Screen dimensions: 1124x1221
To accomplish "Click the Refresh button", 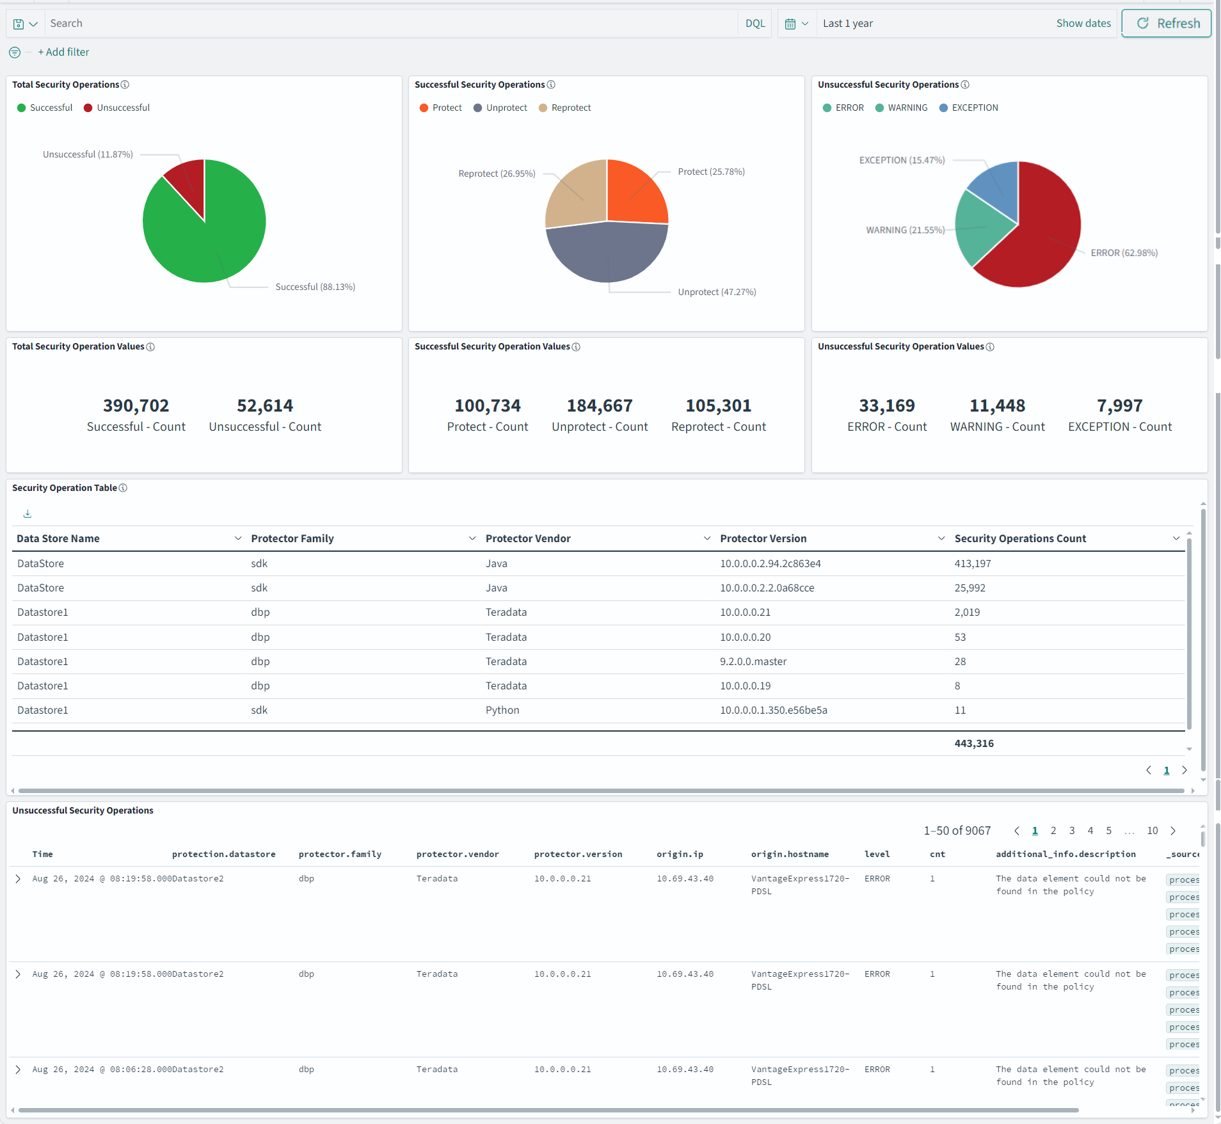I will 1167,24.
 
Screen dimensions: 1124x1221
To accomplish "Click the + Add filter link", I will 63,52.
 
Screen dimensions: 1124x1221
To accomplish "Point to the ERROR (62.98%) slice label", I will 1124,253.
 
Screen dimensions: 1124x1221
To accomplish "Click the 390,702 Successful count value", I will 136,406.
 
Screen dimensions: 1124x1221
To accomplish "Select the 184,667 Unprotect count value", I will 600,406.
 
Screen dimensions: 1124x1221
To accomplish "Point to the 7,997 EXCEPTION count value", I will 1119,406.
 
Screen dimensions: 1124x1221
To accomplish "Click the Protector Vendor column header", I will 528,539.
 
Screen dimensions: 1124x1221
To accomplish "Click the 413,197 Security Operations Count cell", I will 972,564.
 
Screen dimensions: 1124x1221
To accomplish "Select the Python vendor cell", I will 502,711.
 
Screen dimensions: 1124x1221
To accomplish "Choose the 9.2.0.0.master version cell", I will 753,662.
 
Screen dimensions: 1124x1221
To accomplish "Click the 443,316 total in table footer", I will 973,744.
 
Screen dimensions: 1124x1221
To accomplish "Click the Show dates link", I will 1083,24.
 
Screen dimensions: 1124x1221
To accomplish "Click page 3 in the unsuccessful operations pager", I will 1072,831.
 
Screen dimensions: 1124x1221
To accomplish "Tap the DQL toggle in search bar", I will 755,24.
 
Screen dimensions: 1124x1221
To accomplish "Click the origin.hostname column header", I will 790,855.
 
